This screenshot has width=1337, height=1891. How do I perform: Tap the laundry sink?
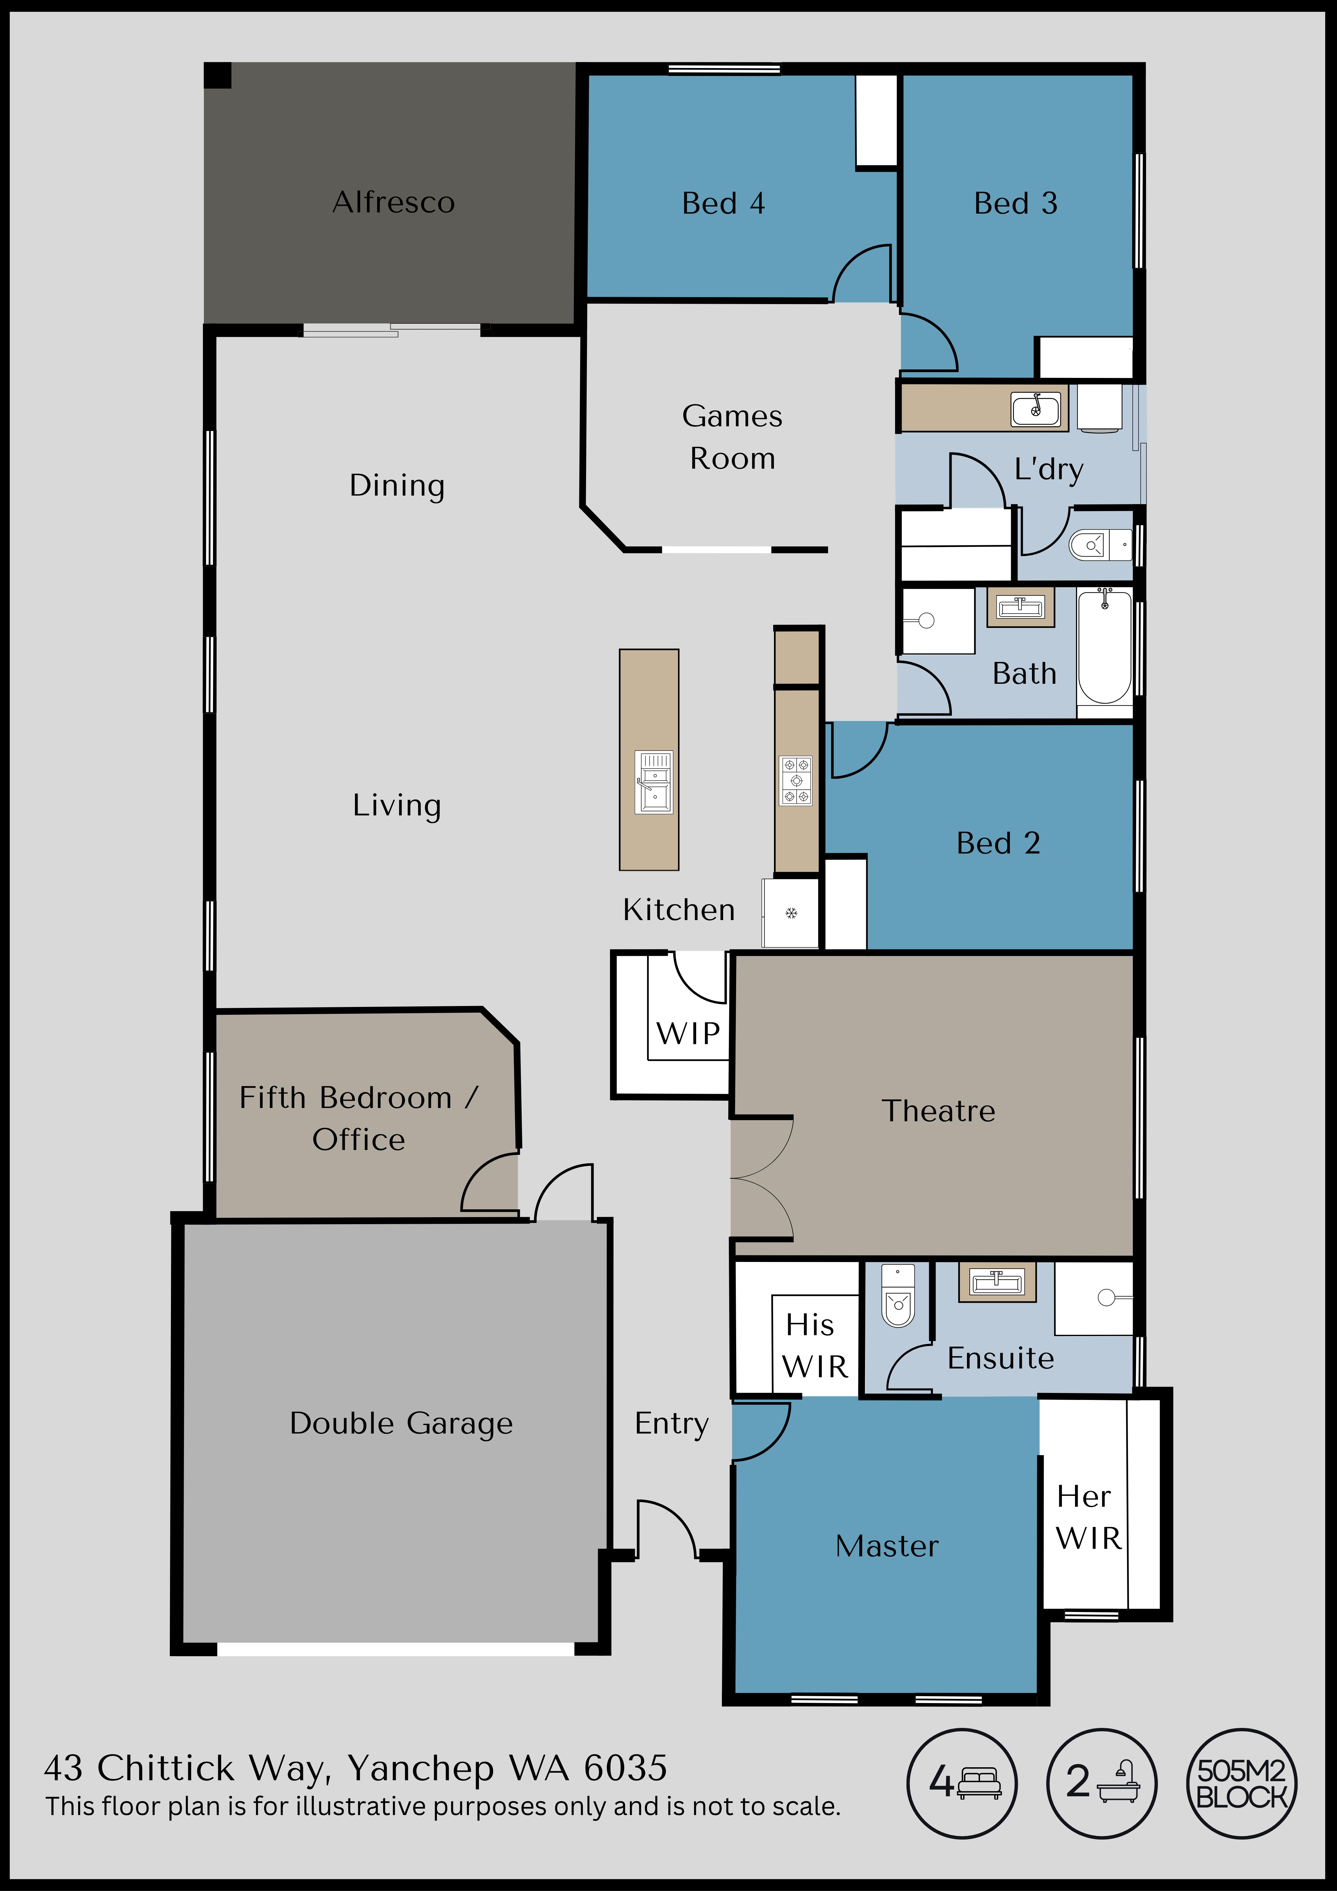tap(1035, 408)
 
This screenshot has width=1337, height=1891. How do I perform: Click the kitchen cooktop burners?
tap(796, 780)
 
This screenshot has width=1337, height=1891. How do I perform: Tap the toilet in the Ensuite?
tap(898, 1296)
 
